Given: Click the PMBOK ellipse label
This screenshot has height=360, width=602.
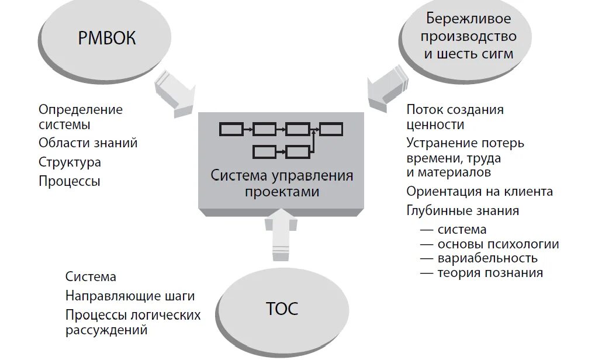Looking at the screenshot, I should tap(106, 39).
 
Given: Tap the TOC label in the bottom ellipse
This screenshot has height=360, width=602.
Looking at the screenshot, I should tap(282, 308).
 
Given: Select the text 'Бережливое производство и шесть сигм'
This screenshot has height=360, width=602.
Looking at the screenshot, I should tap(470, 36).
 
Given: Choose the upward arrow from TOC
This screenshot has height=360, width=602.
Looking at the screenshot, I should tap(281, 233).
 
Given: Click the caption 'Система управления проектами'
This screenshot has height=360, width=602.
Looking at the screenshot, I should tap(282, 183).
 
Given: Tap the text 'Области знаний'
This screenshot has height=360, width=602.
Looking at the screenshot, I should tap(88, 143).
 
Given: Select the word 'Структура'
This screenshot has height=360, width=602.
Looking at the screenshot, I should tap(70, 162).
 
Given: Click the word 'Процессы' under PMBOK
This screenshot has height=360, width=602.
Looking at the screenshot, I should tap(70, 181).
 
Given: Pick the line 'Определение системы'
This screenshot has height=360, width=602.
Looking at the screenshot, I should tap(81, 117).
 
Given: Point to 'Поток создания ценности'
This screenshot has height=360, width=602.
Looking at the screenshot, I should tap(455, 117).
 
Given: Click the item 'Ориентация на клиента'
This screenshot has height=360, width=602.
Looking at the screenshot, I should tap(479, 192).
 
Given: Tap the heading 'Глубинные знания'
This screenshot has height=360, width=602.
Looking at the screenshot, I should tap(463, 210).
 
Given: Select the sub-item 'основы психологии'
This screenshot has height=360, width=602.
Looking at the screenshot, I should tap(497, 244).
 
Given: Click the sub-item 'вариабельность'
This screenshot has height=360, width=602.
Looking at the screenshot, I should tap(487, 258).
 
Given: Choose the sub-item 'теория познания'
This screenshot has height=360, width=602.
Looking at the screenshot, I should tap(490, 272).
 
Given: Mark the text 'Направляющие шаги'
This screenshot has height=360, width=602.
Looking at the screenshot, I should tap(130, 296).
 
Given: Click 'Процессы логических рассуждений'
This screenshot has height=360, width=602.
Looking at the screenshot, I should tap(133, 322).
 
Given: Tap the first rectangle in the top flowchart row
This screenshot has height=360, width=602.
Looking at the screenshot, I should tap(231, 129).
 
